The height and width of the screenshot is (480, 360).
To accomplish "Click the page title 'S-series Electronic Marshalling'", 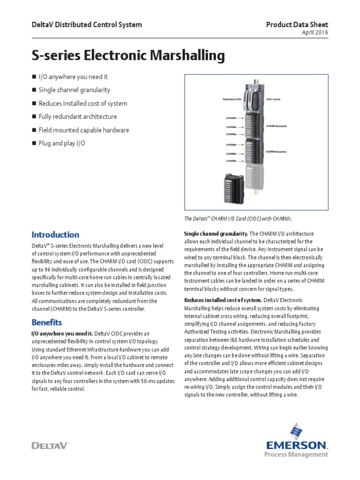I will coord(128,56).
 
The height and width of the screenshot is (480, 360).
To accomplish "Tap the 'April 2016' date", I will coord(315,32).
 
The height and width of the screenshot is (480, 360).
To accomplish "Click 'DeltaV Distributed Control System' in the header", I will coord(86,24).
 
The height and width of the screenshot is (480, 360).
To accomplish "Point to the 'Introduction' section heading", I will coord(55,234).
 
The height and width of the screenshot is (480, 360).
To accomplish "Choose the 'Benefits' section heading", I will coord(46,322).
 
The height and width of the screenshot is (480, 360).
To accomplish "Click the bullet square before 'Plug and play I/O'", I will coord(34,143).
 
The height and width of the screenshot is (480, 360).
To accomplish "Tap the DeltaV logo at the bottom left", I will coord(50,445).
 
